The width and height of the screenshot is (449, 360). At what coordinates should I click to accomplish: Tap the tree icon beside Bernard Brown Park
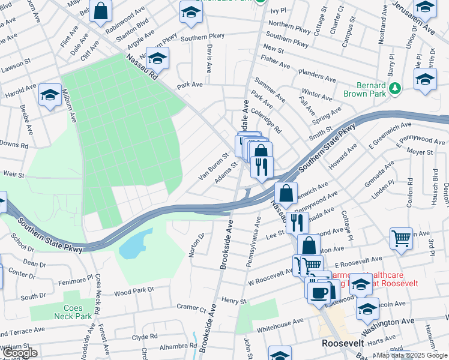coord(394,89)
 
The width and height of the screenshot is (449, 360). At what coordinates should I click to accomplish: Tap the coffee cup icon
coord(318,291)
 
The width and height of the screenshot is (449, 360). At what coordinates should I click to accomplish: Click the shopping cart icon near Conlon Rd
coord(401,238)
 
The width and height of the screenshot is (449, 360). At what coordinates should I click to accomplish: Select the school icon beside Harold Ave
coord(50,96)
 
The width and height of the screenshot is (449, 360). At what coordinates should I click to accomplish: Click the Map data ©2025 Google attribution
coord(411,355)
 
